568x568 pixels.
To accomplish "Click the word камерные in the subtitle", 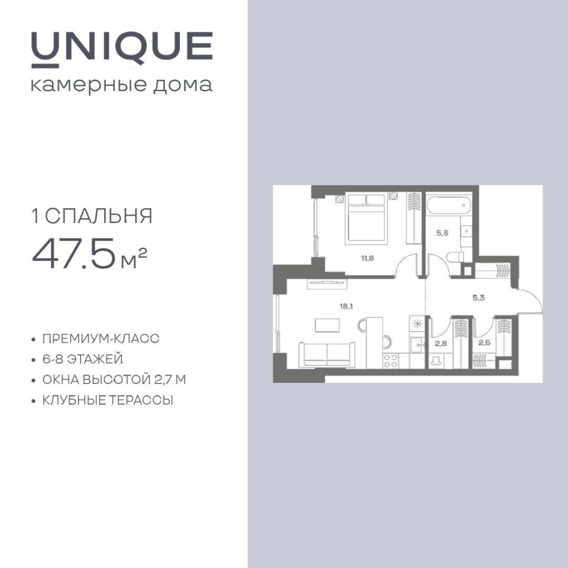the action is pyautogui.click(x=89, y=85).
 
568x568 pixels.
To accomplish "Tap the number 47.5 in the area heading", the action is pyautogui.click(x=75, y=254).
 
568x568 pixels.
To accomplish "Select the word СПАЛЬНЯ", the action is pyautogui.click(x=99, y=217).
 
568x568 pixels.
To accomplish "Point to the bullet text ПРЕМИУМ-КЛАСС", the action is pyautogui.click(x=101, y=338).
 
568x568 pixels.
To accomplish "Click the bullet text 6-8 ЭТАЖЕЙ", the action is pyautogui.click(x=83, y=359).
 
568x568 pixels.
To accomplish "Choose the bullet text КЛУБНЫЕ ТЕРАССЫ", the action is pyautogui.click(x=108, y=401).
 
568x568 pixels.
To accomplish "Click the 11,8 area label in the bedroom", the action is pyautogui.click(x=367, y=259).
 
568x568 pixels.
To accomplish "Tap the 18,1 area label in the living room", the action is pyautogui.click(x=346, y=306).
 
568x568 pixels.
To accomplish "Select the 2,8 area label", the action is pyautogui.click(x=441, y=343).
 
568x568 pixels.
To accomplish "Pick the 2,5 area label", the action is pyautogui.click(x=485, y=343).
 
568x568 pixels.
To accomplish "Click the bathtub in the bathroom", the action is pyautogui.click(x=449, y=205).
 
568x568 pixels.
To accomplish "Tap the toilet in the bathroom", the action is pyautogui.click(x=455, y=257).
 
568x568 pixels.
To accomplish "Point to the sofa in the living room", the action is pyautogui.click(x=327, y=354).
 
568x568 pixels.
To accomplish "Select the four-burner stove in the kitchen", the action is pyautogui.click(x=391, y=361).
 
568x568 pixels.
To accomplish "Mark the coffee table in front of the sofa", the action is pyautogui.click(x=327, y=325).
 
